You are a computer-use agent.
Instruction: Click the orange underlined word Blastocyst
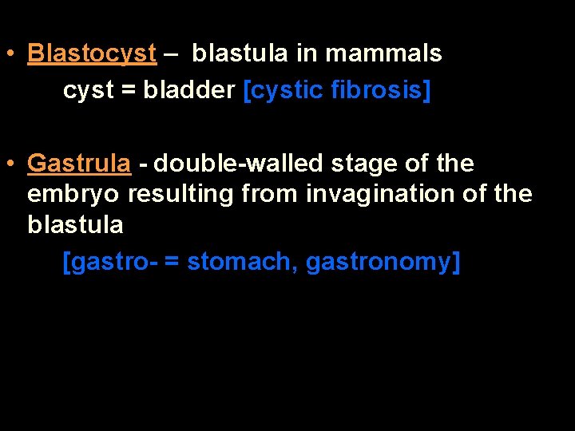pyautogui.click(x=92, y=53)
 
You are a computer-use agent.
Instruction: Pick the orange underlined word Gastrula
pyautogui.click(x=79, y=164)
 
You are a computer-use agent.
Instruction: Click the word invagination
pyautogui.click(x=383, y=194)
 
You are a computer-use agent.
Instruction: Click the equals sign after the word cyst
pyautogui.click(x=129, y=91)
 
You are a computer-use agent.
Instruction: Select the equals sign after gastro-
pyautogui.click(x=172, y=263)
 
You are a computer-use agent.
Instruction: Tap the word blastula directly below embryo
pyautogui.click(x=75, y=225)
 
